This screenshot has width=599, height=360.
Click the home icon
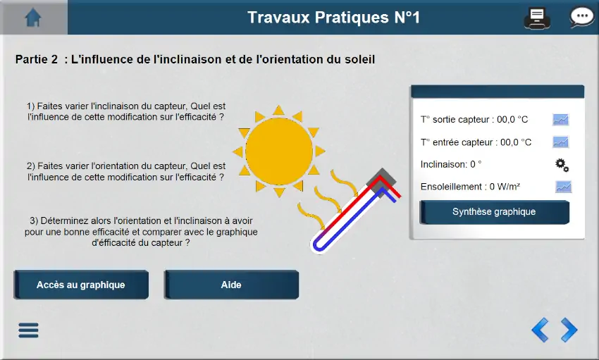33,18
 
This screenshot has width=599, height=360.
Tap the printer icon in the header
537,18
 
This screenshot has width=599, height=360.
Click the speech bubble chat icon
581,17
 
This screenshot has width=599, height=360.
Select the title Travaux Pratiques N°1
333,18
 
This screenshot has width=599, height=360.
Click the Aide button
232,285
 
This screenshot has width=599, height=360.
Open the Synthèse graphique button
494,212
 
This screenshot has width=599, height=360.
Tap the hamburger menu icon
28,330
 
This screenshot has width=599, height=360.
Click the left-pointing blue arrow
541,330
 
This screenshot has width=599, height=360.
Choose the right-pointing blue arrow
569,330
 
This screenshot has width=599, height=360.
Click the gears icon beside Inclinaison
562,166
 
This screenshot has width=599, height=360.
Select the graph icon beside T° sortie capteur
560,120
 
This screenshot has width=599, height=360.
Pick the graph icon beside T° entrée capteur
560,142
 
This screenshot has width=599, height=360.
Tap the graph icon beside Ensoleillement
563,187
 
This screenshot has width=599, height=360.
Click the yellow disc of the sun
279,151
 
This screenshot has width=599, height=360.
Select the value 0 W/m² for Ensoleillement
505,187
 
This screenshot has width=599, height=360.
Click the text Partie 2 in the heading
36,60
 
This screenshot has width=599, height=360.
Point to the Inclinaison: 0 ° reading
451,165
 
